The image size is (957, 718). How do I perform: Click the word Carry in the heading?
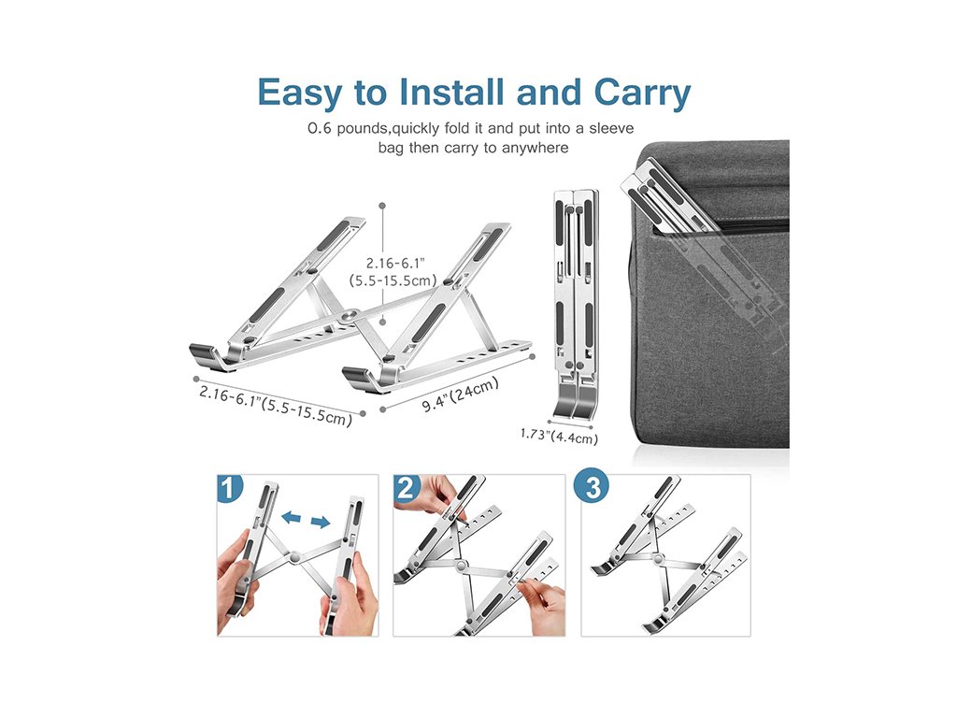tap(642, 93)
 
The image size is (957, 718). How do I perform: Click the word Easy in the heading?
tap(300, 93)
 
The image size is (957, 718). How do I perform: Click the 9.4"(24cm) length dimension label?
tap(461, 395)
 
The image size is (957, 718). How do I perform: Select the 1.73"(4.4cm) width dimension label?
tap(559, 436)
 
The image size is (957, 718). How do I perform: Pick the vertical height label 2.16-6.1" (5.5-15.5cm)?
tap(393, 272)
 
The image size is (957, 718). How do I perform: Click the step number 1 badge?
tap(230, 488)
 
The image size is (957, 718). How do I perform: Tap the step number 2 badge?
tap(407, 488)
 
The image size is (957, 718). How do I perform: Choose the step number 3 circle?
tap(593, 486)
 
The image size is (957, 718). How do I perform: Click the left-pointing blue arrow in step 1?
tap(292, 518)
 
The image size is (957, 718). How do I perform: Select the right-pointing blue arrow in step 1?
tap(321, 522)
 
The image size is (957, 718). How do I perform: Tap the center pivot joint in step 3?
tap(658, 559)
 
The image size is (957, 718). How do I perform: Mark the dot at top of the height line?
tap(382, 206)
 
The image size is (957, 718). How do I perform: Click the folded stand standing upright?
tap(576, 305)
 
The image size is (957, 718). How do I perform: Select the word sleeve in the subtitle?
tap(611, 129)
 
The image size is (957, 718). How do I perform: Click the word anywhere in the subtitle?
tap(536, 148)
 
